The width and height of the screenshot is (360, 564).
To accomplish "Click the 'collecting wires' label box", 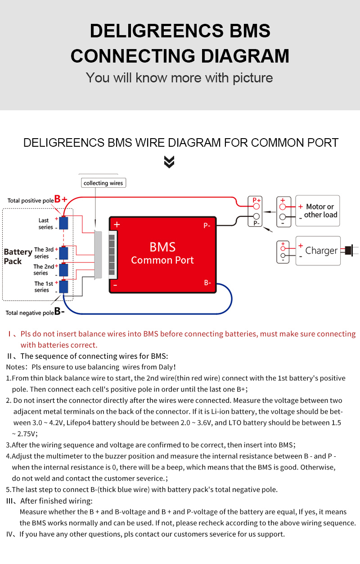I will click(x=103, y=183).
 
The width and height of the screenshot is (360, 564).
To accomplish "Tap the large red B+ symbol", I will click(x=61, y=199).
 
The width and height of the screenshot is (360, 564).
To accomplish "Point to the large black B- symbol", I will click(x=59, y=311).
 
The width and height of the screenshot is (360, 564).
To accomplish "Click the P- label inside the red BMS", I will click(x=207, y=226).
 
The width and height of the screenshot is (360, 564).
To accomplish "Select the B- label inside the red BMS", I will click(x=207, y=283).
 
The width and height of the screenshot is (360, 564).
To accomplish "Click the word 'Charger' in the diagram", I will click(x=321, y=251).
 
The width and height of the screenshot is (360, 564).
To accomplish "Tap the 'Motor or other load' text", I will click(x=320, y=211).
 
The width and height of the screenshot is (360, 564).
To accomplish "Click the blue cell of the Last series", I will click(x=63, y=223).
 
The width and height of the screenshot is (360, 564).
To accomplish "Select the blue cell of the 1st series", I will click(x=63, y=287).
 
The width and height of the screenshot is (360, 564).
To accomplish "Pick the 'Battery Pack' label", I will click(x=18, y=257).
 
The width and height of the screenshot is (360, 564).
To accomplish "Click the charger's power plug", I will click(x=349, y=250).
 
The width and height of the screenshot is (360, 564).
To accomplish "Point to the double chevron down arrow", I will click(x=169, y=162).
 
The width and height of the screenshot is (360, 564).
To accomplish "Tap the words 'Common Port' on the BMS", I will click(x=162, y=260).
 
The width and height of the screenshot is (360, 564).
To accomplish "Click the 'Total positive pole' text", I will click(x=31, y=200).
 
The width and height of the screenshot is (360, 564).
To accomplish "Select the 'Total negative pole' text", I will click(x=30, y=312).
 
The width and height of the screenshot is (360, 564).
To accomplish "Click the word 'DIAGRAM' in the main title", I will click(x=245, y=56).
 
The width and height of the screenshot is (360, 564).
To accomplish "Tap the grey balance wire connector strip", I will click(x=98, y=254).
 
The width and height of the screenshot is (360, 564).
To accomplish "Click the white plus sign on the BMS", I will click(x=117, y=224).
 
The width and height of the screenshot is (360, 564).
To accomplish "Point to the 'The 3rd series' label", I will click(x=44, y=253).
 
